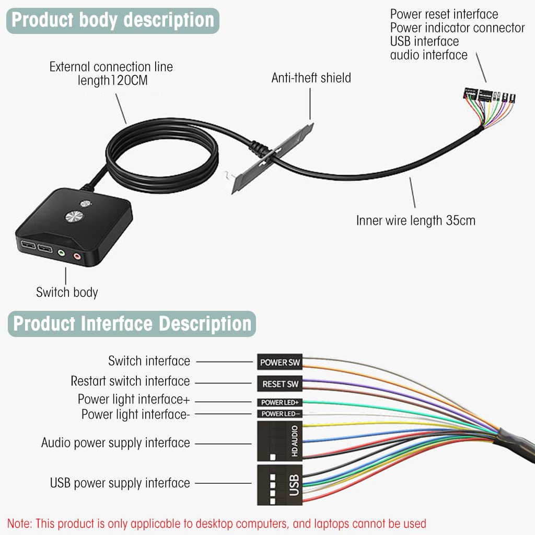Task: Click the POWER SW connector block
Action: (281, 362)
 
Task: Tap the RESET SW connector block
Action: (281, 384)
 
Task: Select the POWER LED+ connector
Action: (281, 402)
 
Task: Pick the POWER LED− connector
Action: (281, 414)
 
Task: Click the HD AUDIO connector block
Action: (280, 441)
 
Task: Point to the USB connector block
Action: (280, 484)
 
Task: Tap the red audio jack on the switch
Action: (78, 256)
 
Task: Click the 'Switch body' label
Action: (67, 292)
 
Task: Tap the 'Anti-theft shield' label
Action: (311, 78)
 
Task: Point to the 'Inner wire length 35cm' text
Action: (416, 220)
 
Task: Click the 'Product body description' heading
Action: (113, 20)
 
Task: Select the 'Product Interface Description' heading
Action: (132, 323)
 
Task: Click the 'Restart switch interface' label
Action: (130, 381)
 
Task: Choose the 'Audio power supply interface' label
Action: (115, 443)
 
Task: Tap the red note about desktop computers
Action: (216, 523)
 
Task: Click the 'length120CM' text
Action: (115, 80)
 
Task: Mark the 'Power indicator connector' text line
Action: (457, 28)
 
